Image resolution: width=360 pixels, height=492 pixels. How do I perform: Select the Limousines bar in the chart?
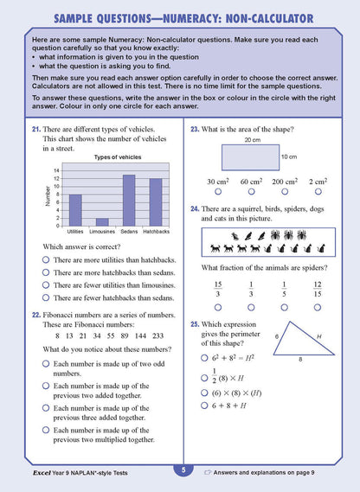[x=102, y=221]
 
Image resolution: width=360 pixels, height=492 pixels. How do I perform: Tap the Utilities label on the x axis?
[x=75, y=232]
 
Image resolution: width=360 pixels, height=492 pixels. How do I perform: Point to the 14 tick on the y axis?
[x=57, y=170]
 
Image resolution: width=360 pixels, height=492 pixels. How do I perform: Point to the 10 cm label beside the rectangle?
[x=290, y=157]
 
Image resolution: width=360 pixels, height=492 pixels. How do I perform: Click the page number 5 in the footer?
[x=182, y=470]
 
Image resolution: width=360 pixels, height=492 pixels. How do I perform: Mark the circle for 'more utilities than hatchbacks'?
[x=45, y=259]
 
